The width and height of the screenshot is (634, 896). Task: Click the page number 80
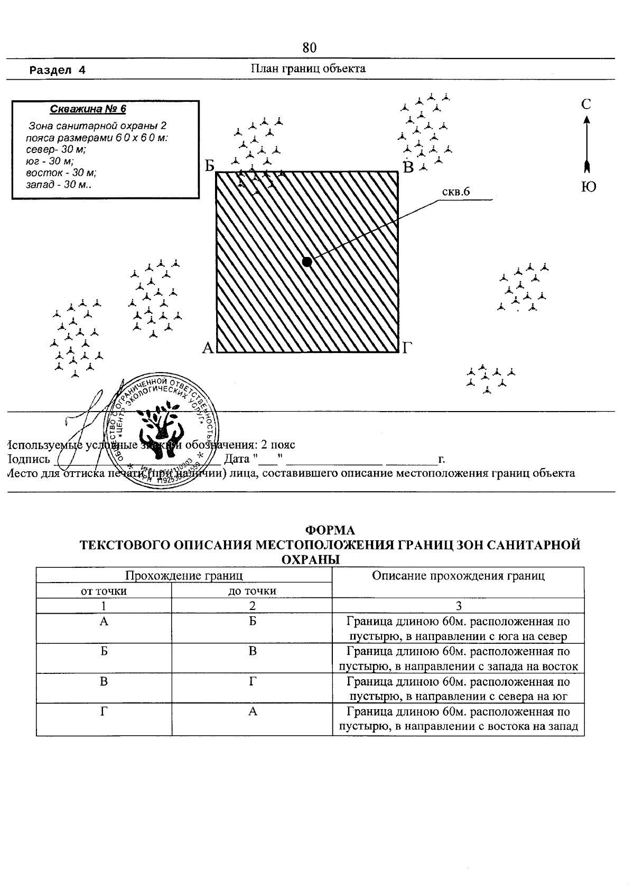pos(310,48)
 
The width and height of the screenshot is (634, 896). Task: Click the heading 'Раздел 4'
pos(58,70)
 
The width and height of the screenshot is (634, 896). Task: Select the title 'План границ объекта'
pos(308,69)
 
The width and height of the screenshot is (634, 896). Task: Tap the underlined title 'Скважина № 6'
pos(88,109)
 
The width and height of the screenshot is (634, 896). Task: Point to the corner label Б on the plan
pos(210,166)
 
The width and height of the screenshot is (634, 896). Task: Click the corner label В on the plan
pos(408,168)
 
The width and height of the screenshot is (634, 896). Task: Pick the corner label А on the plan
pos(208,348)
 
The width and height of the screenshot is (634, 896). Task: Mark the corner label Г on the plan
pos(407,348)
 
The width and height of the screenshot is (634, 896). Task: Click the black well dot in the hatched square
pos(307,261)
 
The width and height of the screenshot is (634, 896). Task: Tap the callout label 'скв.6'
pos(456,192)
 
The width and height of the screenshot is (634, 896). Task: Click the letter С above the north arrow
pos(586,104)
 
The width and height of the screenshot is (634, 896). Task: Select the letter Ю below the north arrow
pos(588,187)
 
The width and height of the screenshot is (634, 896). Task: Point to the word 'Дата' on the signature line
pos(237,458)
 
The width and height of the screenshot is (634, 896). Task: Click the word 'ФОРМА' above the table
pos(331,530)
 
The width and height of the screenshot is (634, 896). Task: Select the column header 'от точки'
pos(104,591)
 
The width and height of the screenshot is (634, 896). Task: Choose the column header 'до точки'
pos(252,591)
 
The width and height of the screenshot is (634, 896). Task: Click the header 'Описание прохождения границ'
pos(458,576)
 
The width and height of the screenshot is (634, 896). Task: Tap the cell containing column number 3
pos(458,606)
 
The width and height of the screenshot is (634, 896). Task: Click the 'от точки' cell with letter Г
pos(104,712)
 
